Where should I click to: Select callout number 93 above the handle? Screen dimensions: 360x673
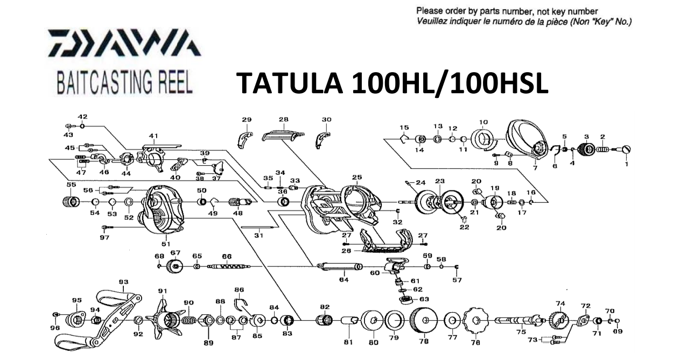tap(123, 282)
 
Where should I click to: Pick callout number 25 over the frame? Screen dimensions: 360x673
tap(357, 177)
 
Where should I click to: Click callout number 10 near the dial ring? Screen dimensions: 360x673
tap(482, 122)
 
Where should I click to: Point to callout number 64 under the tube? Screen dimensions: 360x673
tap(343, 280)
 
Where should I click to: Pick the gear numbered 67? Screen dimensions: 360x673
tap(174, 266)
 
